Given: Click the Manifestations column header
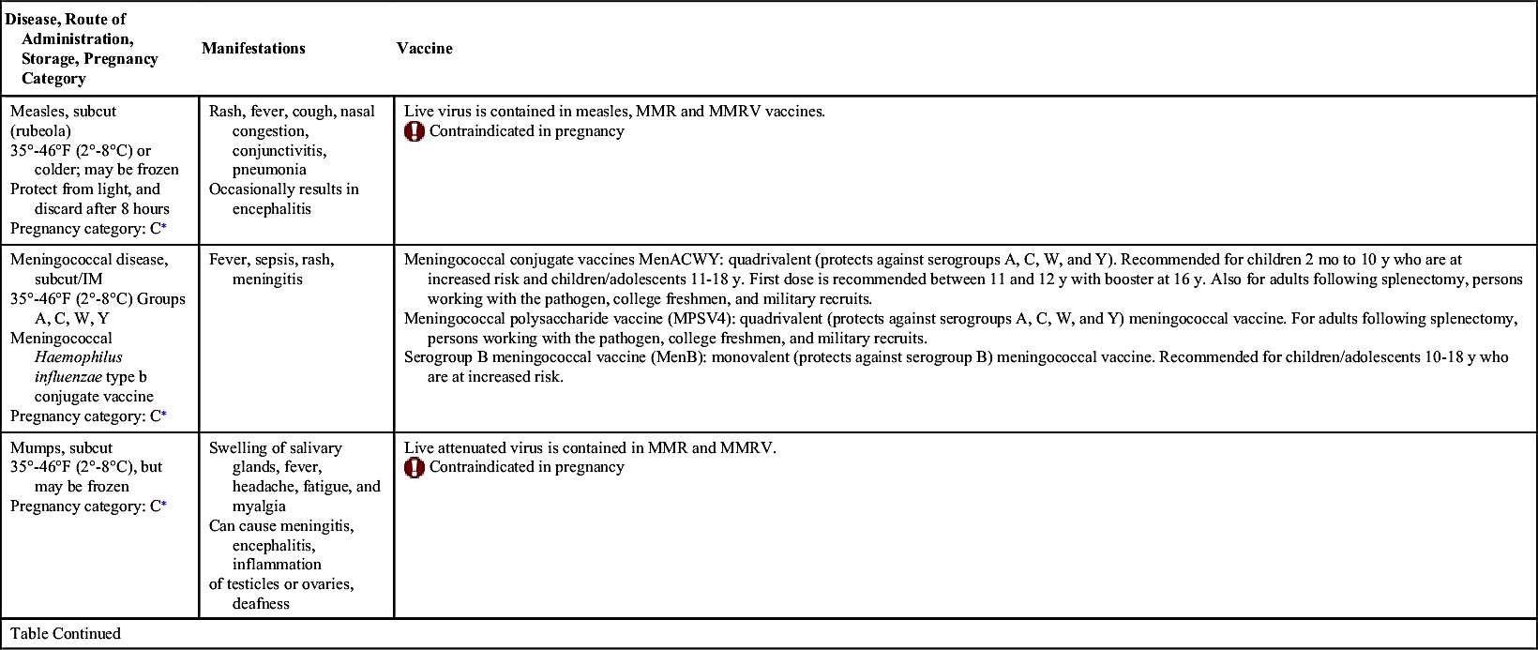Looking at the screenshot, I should point(253,49).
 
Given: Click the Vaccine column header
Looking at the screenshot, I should point(424,49).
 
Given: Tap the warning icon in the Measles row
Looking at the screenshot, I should point(415,131).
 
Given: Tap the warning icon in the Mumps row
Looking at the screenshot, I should point(415,467).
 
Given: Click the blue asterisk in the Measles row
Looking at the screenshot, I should point(164,227).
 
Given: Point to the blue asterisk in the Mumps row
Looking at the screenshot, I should point(164,505).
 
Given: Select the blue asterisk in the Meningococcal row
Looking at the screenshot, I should point(164,415).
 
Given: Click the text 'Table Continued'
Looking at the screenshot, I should point(66,634).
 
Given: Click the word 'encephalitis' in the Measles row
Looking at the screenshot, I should point(271,209).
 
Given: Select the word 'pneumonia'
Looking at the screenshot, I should point(269,170).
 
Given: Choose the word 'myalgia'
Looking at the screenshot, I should point(259,506).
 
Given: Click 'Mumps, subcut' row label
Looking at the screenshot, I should point(61,448).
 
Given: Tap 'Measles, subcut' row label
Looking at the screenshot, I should point(63,111).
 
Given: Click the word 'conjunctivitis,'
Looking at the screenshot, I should point(279,150).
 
